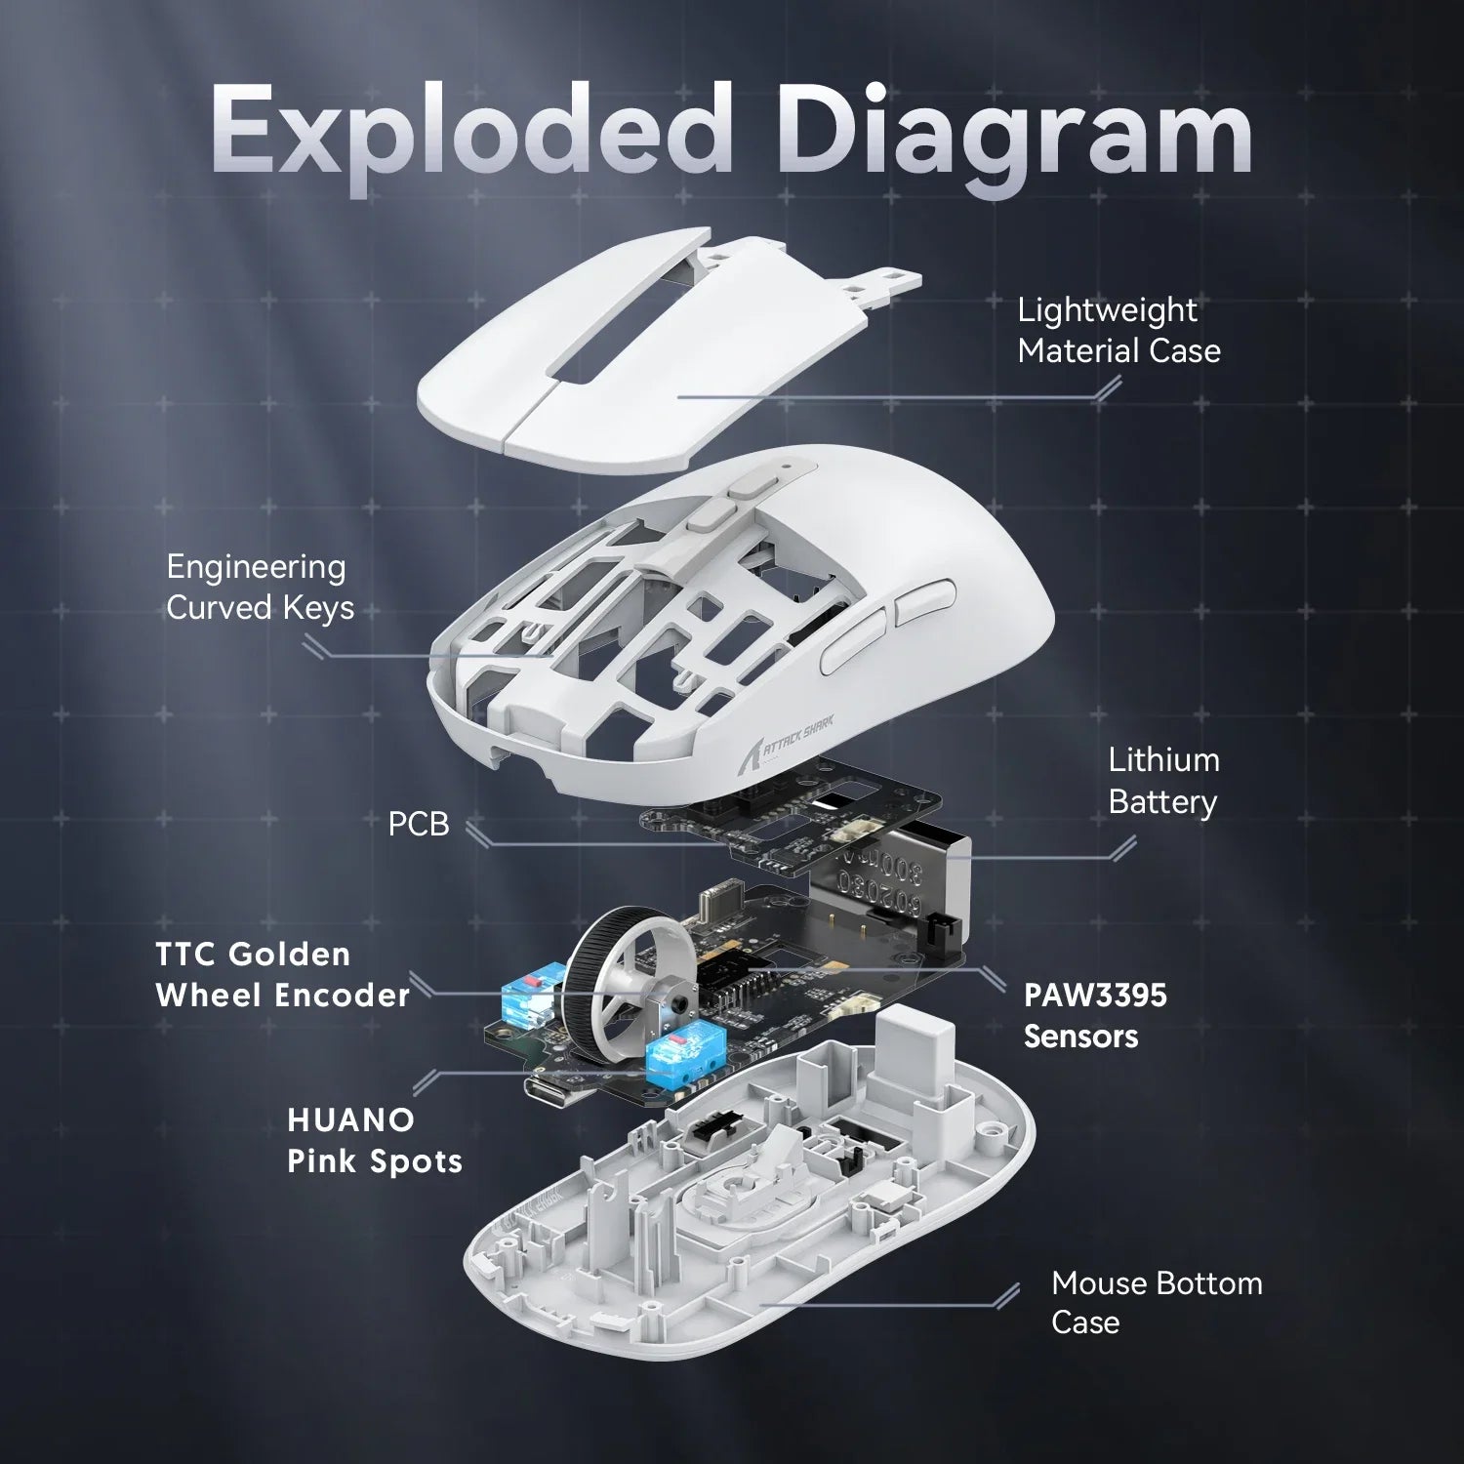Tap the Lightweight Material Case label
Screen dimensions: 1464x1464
(1118, 330)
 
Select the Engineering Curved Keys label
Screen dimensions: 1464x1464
(260, 587)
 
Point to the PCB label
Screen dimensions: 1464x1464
(419, 824)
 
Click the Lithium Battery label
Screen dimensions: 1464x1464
(1163, 781)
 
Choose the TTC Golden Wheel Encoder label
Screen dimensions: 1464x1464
(282, 974)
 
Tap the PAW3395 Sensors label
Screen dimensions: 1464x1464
(1094, 1015)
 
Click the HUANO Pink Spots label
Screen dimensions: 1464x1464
(374, 1140)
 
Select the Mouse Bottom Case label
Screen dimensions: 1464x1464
(1156, 1302)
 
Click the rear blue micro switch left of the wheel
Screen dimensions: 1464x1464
(527, 996)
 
